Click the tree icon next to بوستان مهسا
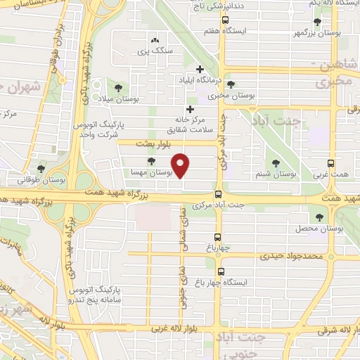tap(152, 162)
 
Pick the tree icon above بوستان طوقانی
tap(41, 169)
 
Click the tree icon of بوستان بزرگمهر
tap(317, 22)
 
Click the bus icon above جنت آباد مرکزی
tap(218, 194)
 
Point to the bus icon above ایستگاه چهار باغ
tap(221, 271)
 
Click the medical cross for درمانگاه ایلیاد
tap(200, 69)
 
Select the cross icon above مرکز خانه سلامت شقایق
tap(190, 109)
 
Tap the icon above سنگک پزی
tap(155, 41)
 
